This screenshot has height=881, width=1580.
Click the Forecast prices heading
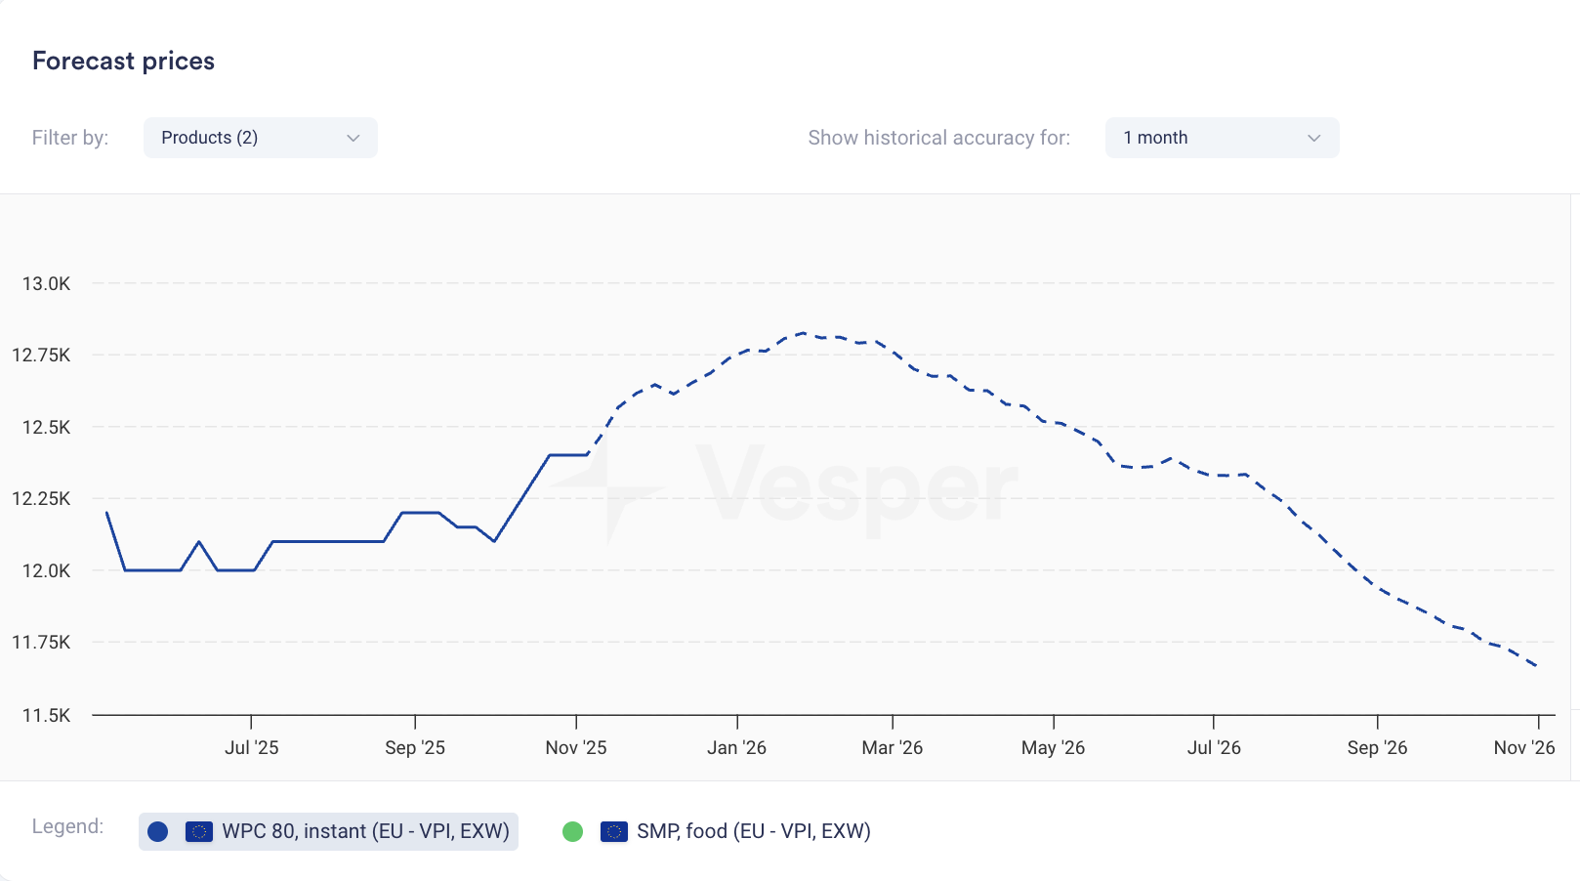coord(123,61)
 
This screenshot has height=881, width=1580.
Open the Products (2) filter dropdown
coord(260,138)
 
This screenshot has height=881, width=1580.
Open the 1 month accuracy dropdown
coord(1221,138)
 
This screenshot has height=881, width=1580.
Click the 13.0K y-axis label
coord(46,283)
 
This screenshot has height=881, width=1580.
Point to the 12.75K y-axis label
coord(41,355)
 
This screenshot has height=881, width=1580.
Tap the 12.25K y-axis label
coord(41,498)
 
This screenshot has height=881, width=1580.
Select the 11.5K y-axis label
coord(46,715)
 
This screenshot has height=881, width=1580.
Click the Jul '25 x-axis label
coord(251,747)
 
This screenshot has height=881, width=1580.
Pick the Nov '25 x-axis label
coord(575,747)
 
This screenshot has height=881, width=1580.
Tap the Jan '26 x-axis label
coord(736,747)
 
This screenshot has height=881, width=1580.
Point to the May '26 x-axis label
coord(1053,747)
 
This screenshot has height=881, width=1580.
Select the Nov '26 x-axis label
coord(1523,747)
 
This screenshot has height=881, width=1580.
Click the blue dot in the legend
coord(158,831)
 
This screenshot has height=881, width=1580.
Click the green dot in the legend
coord(573,831)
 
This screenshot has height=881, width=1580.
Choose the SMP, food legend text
coord(753,831)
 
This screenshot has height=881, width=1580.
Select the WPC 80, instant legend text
coord(365,831)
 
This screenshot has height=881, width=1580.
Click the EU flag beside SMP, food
coord(614,831)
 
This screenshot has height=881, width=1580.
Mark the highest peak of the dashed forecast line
coord(802,333)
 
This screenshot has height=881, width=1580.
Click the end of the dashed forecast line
coord(1537,666)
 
